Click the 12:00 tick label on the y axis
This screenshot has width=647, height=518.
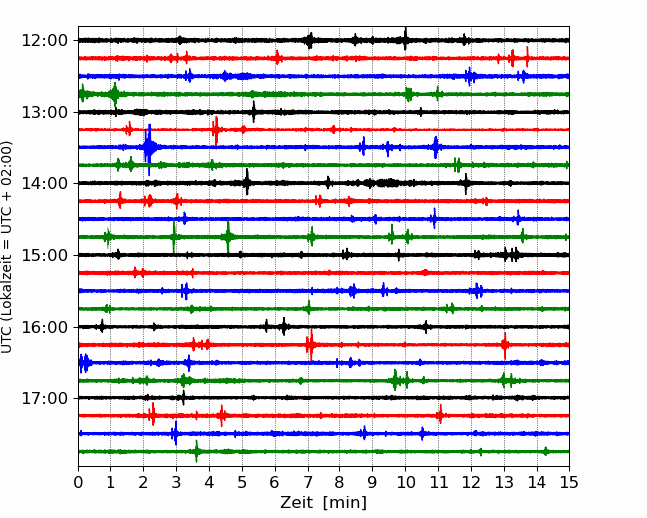(x=44, y=41)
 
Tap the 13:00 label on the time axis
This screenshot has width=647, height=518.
(x=44, y=112)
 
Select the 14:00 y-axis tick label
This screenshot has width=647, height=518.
(x=44, y=183)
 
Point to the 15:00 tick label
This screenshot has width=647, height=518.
(x=44, y=255)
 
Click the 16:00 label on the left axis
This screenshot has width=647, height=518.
(x=44, y=327)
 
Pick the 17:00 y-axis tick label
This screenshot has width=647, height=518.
(x=44, y=398)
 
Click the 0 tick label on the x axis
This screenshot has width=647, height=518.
(x=78, y=482)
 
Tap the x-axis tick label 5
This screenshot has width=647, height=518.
(x=242, y=482)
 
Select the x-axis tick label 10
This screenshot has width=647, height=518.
(x=405, y=482)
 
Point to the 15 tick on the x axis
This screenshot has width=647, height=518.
(x=569, y=482)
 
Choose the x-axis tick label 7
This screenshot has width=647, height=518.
(x=308, y=482)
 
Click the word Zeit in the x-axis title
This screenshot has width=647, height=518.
(x=297, y=502)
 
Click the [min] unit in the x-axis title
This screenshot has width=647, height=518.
(x=345, y=503)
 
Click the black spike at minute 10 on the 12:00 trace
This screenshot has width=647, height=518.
(x=405, y=39)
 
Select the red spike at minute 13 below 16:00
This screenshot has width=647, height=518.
(x=505, y=345)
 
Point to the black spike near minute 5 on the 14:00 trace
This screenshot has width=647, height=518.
(x=247, y=182)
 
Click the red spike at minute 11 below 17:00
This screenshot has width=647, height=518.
(x=440, y=414)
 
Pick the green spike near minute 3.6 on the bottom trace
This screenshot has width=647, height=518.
(x=196, y=451)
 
